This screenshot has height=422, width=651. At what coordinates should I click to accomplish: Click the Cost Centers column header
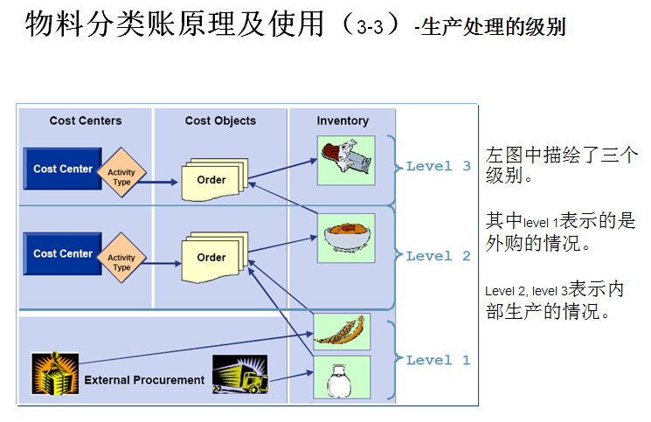[x=86, y=121]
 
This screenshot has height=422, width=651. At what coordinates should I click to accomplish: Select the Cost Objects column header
[x=220, y=121]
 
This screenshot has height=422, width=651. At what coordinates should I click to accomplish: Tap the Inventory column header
[x=343, y=121]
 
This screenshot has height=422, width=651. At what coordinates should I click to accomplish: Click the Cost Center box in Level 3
[x=62, y=169]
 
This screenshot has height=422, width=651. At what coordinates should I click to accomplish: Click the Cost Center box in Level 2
[x=62, y=253]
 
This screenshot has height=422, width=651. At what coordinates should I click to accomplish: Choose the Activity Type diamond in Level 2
[x=121, y=262]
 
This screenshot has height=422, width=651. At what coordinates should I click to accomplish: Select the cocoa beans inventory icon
[x=342, y=331]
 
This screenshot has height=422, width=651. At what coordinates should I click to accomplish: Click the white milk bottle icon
[x=342, y=377]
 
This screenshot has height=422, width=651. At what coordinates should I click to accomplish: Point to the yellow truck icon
[x=239, y=374]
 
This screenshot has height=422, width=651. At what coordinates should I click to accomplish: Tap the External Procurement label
[x=144, y=380]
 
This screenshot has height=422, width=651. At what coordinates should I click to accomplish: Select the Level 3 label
[x=439, y=166]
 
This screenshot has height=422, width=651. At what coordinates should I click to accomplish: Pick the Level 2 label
[x=439, y=256]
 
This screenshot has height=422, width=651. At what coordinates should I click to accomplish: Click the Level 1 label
[x=439, y=360]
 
